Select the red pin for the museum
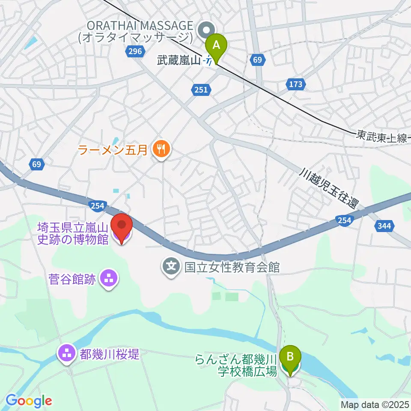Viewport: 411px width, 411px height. point(122,226)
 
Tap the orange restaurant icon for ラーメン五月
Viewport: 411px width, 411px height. point(161,149)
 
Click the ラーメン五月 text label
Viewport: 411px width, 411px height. point(113,150)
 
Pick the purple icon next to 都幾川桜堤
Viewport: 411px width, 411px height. point(66,354)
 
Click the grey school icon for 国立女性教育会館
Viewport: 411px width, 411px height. point(172,268)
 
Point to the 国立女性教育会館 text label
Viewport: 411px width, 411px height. point(232,268)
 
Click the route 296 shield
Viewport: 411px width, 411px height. point(134,52)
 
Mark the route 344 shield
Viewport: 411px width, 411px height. point(384,226)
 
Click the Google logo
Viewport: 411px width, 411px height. point(29,401)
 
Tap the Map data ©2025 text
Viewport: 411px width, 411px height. point(374,404)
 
